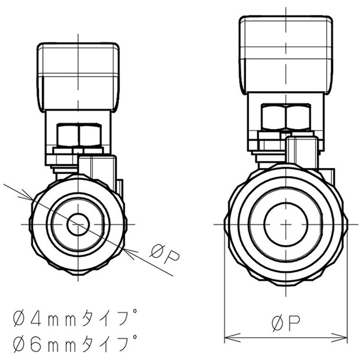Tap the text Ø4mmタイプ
(75, 320)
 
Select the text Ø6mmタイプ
(75, 344)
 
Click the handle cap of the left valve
(78, 76)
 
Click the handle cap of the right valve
(286, 54)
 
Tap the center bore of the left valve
(78, 224)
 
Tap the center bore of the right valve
(286, 224)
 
